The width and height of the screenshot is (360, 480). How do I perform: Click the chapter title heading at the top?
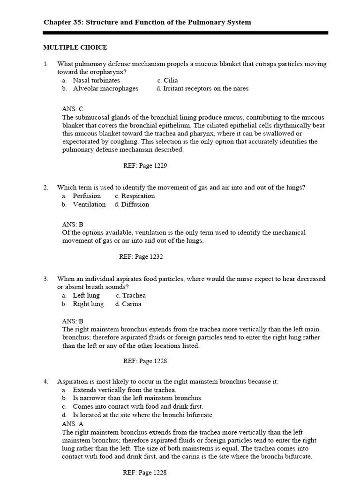[x=147, y=22]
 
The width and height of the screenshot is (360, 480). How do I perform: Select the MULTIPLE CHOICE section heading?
[x=75, y=47]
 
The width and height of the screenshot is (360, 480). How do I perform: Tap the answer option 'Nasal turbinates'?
[x=96, y=80]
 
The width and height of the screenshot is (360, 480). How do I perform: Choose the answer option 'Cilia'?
[x=171, y=80]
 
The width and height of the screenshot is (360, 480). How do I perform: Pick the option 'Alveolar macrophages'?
[x=105, y=89]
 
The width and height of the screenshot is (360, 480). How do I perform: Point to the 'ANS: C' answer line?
[x=73, y=109]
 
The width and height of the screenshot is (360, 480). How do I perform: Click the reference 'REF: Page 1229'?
[x=144, y=165]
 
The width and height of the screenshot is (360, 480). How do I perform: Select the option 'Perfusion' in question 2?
[x=87, y=196]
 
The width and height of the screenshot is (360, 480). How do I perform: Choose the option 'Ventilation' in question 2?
[x=89, y=204]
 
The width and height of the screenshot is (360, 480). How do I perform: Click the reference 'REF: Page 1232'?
[x=141, y=256]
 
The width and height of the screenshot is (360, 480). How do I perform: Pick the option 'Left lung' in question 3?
[x=86, y=295]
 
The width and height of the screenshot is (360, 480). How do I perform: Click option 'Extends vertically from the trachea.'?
[x=125, y=390]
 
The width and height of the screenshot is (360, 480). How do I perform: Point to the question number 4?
[x=46, y=382]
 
